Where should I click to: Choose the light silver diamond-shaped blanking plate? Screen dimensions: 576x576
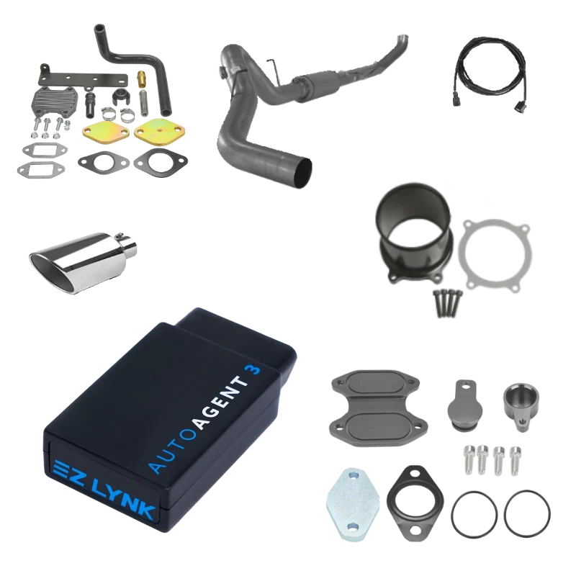coord(351,497)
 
